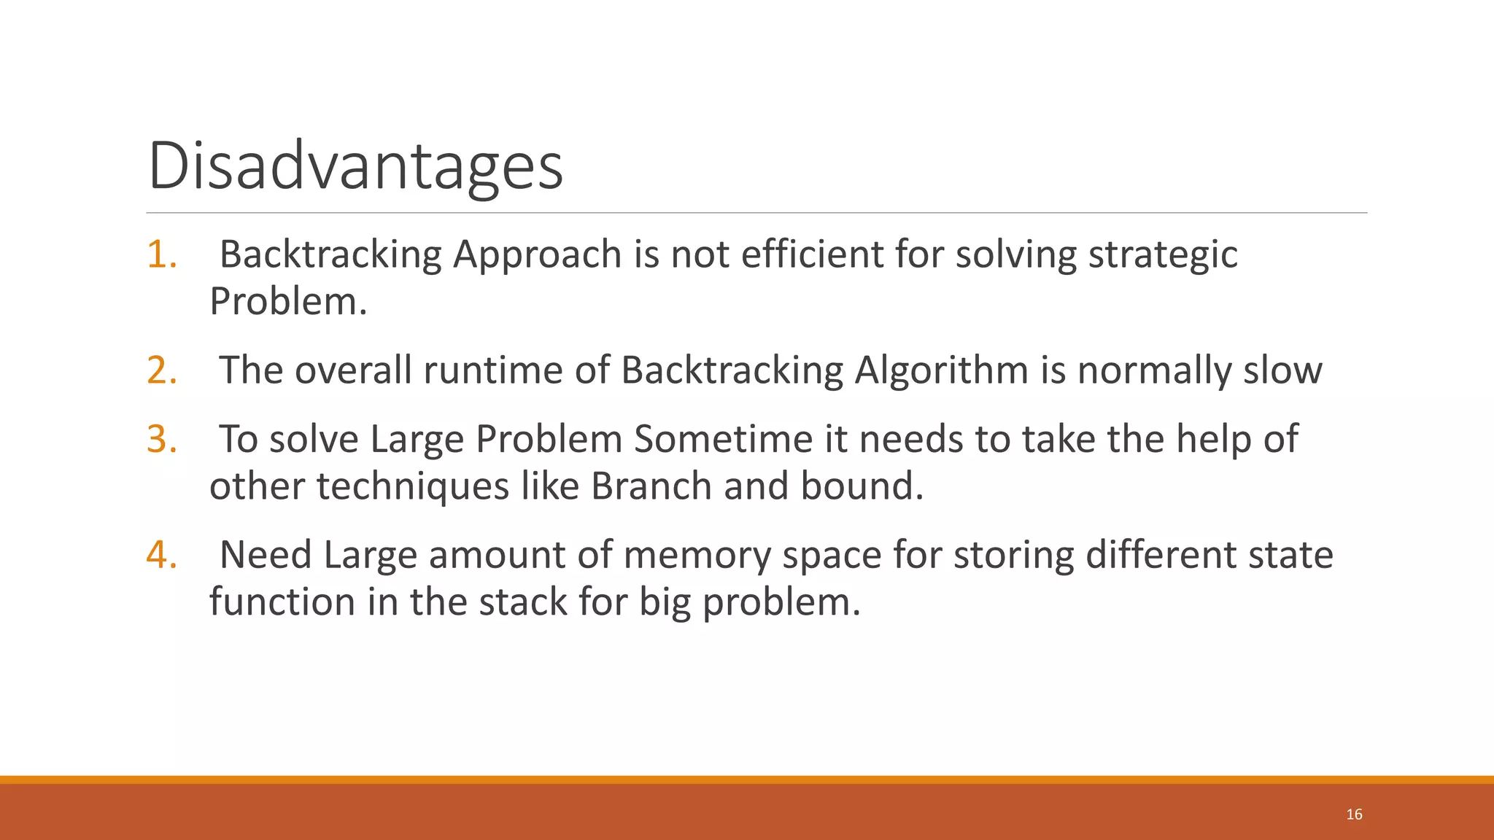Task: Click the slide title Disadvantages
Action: [x=355, y=166]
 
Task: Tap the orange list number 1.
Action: [x=161, y=254]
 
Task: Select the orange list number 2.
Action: [x=161, y=370]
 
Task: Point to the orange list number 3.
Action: [x=161, y=439]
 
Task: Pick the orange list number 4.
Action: [x=161, y=554]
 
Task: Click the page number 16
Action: [x=1354, y=814]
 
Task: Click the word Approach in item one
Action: [x=537, y=255]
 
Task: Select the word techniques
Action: [x=412, y=486]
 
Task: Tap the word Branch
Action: [x=651, y=486]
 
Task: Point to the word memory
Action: [x=697, y=555]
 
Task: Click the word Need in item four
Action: [x=265, y=554]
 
